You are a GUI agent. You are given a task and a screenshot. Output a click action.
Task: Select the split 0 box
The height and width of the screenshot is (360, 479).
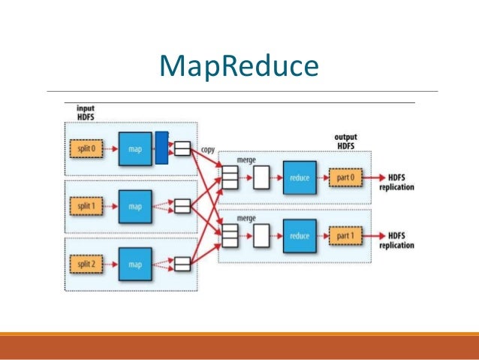pyautogui.click(x=89, y=148)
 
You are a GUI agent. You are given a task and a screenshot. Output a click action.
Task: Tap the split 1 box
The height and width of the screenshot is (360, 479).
pyautogui.click(x=89, y=205)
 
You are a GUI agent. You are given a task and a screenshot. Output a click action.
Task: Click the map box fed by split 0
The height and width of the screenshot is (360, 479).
pyautogui.click(x=135, y=148)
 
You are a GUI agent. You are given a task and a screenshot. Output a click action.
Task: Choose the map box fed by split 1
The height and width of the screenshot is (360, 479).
pyautogui.click(x=135, y=205)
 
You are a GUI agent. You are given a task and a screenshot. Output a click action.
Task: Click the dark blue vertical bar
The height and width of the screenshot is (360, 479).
pyautogui.click(x=161, y=147)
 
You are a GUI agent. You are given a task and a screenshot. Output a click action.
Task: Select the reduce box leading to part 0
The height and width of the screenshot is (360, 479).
pyautogui.click(x=300, y=178)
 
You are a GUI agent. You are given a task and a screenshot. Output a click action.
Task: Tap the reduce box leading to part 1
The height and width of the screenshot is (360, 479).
pyautogui.click(x=300, y=235)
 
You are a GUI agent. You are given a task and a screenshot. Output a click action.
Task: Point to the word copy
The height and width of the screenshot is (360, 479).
pyautogui.click(x=206, y=150)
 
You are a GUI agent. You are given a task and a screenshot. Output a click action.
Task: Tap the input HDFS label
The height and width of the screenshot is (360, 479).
pyautogui.click(x=88, y=112)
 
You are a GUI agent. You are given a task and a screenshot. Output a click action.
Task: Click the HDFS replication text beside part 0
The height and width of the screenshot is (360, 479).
pyautogui.click(x=397, y=182)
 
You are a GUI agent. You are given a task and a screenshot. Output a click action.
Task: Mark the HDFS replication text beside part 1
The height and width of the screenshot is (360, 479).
pyautogui.click(x=397, y=239)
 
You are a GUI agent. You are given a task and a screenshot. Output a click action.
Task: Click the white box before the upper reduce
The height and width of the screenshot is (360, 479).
pyautogui.click(x=261, y=178)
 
